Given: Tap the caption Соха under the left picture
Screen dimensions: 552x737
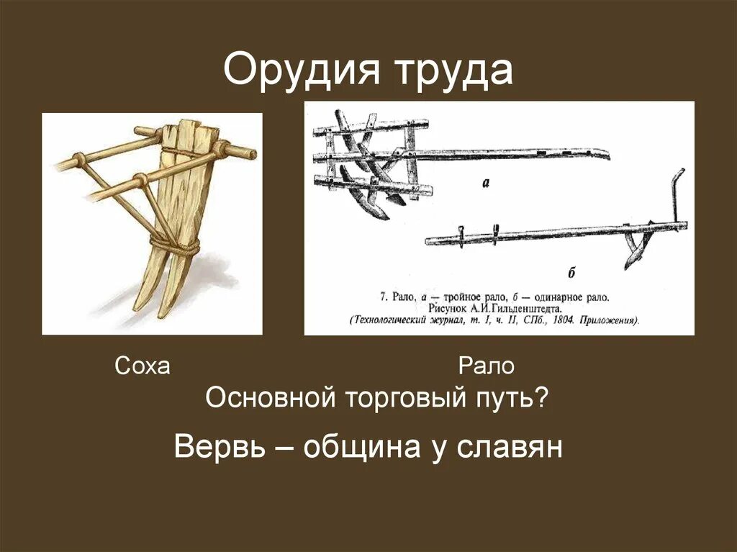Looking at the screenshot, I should (x=143, y=366).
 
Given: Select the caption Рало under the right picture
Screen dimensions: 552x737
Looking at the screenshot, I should (x=487, y=366).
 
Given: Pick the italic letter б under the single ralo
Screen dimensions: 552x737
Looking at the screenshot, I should (x=571, y=273).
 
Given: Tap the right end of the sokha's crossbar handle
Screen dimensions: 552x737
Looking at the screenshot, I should (x=245, y=152).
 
